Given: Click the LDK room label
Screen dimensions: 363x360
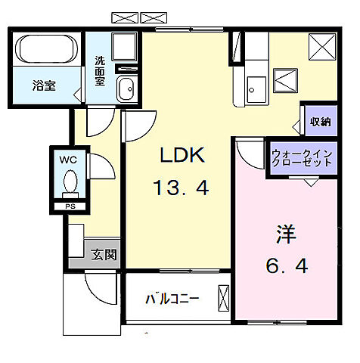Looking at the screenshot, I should coord(182,155).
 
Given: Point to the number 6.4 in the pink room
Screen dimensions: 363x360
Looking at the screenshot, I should coord(286,266).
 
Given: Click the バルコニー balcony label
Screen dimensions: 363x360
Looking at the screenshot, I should coord(172,299).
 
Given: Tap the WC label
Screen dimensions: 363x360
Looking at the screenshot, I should coord(68,160).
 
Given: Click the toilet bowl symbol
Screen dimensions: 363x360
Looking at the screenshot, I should coord(70,182).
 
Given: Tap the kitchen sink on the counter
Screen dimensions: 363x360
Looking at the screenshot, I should coord(254,90).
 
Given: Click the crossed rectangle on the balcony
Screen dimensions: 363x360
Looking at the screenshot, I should coord(222,297).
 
